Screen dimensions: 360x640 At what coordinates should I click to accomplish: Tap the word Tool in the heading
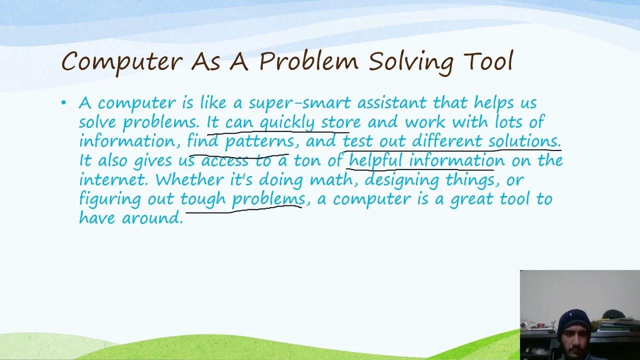tap(488, 61)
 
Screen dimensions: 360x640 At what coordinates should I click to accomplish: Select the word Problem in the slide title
tap(308, 61)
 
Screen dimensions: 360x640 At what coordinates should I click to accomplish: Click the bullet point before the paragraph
tap(63, 103)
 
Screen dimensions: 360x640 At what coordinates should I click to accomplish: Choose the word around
tap(152, 218)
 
